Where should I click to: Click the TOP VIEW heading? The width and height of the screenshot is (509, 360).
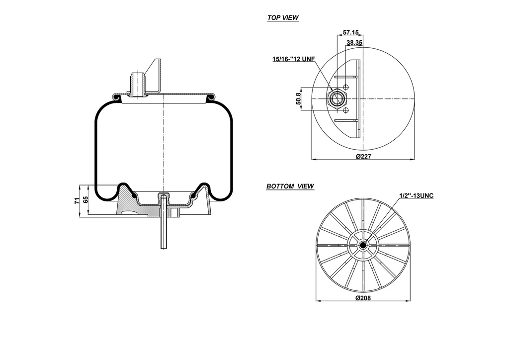pyautogui.click(x=283, y=17)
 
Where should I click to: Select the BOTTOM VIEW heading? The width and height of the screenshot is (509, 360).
pyautogui.click(x=290, y=186)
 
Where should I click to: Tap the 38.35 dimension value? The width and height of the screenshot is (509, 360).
pyautogui.click(x=354, y=43)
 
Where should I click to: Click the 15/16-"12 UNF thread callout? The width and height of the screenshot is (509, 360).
pyautogui.click(x=294, y=59)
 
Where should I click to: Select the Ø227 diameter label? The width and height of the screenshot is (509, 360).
pyautogui.click(x=364, y=157)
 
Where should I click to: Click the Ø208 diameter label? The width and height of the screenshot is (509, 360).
pyautogui.click(x=364, y=298)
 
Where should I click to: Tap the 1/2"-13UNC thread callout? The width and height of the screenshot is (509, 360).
pyautogui.click(x=417, y=195)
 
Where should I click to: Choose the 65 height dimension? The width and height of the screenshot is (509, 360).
pyautogui.click(x=86, y=199)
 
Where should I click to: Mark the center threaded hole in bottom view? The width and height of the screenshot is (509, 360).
pyautogui.click(x=363, y=245)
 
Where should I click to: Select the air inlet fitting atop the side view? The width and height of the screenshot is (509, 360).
pyautogui.click(x=137, y=84)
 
